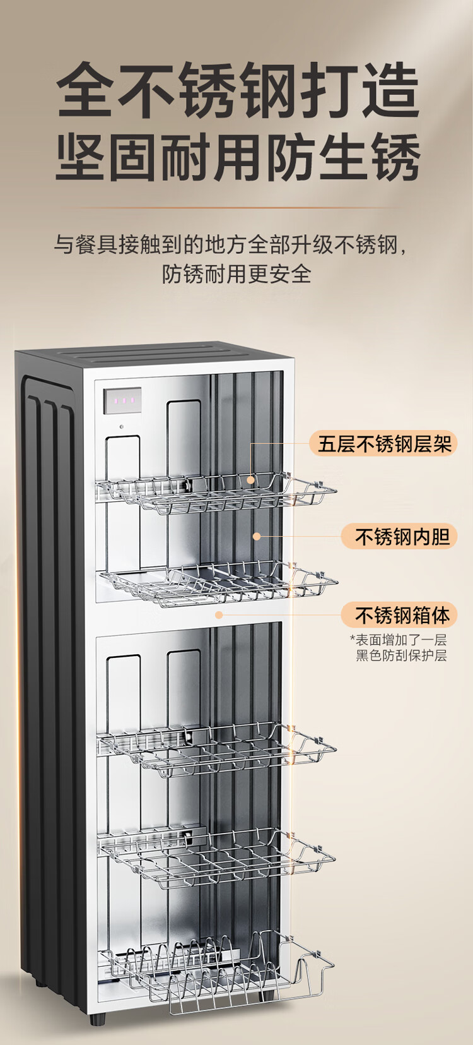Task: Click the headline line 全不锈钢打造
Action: pyautogui.click(x=238, y=90)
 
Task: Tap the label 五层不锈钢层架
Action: pyautogui.click(x=384, y=444)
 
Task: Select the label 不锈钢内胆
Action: pyautogui.click(x=401, y=537)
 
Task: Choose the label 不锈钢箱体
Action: pyautogui.click(x=401, y=614)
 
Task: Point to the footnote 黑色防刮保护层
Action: pyautogui.click(x=401, y=655)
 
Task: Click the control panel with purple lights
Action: pyautogui.click(x=122, y=400)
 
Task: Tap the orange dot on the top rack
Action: pyautogui.click(x=251, y=480)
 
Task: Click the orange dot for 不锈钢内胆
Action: pyautogui.click(x=257, y=536)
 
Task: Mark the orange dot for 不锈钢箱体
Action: pyautogui.click(x=219, y=614)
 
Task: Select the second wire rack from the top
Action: pyautogui.click(x=218, y=584)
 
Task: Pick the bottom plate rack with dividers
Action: pyautogui.click(x=218, y=972)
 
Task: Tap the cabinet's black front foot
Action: pyautogui.click(x=96, y=1018)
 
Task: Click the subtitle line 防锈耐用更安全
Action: pyautogui.click(x=237, y=273)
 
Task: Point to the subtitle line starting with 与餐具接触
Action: pyautogui.click(x=230, y=244)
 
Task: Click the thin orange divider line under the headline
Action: pyautogui.click(x=237, y=206)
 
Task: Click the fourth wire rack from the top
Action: pyautogui.click(x=218, y=856)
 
